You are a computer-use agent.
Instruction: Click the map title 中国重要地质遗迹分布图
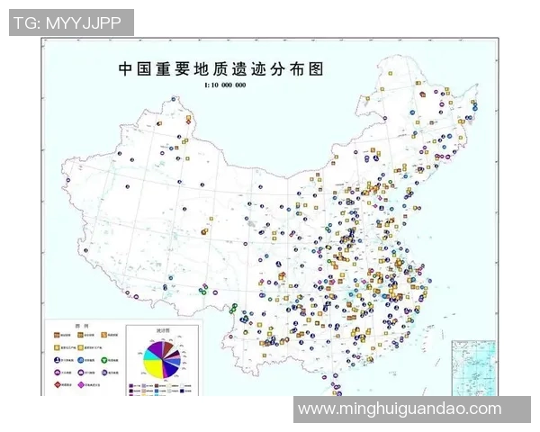[x=220, y=68]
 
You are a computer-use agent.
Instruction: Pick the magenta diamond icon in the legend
[x=82, y=383]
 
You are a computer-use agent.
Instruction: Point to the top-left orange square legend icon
[x=58, y=333]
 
